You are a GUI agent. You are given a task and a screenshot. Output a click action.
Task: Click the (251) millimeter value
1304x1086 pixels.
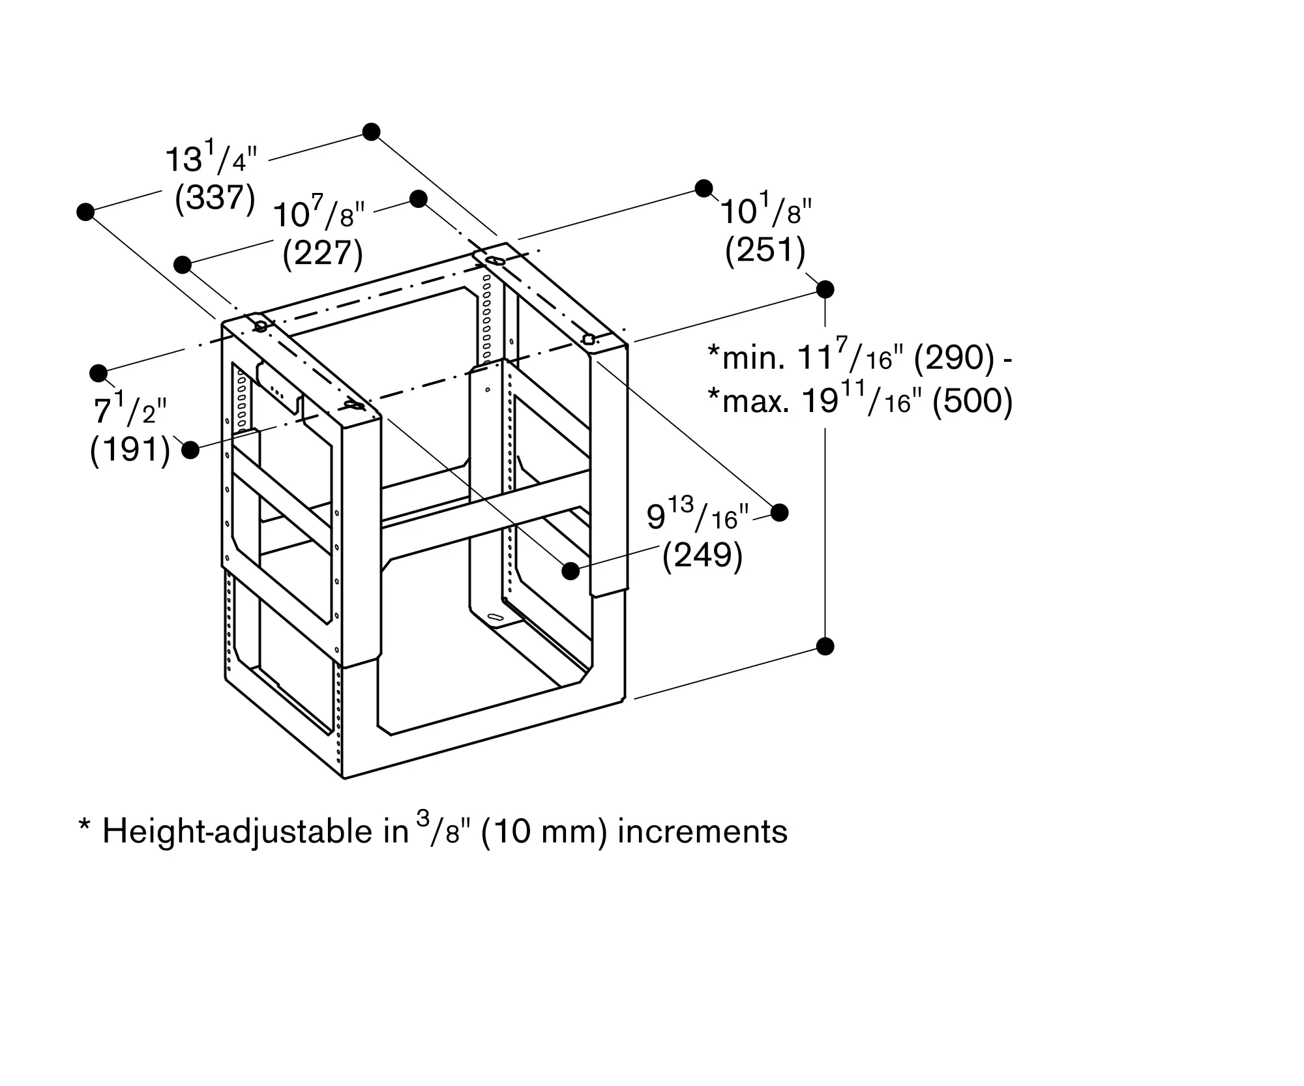765,250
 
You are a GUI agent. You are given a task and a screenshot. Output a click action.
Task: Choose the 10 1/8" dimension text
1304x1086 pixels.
765,212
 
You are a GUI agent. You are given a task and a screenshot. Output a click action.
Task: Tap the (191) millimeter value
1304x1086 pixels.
130,450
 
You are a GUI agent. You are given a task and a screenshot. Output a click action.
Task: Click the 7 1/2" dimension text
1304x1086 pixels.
130,411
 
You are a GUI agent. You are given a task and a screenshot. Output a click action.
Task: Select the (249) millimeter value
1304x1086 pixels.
702,556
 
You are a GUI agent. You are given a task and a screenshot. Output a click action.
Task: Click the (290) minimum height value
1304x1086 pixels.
954,358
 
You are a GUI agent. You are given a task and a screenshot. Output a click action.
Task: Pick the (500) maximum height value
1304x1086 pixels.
972,402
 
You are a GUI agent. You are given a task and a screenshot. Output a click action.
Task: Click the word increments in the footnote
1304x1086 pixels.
702,832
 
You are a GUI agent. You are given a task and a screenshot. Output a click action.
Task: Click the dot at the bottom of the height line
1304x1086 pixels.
825,647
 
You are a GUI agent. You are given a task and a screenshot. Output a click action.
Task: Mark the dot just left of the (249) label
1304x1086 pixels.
570,571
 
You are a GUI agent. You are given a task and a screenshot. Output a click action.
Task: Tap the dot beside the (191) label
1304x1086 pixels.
190,450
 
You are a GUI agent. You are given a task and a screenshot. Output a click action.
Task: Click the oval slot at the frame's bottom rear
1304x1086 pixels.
496,617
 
